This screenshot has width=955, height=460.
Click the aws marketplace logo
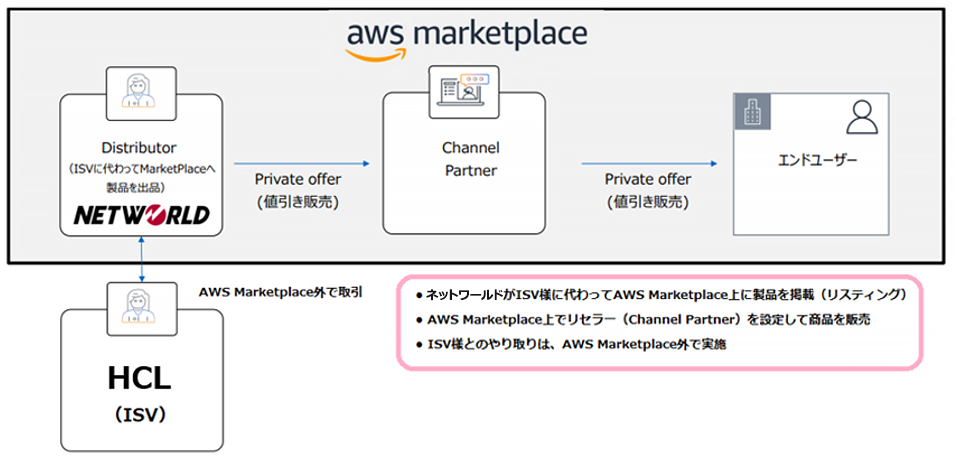467,37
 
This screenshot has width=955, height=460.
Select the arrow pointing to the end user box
651,163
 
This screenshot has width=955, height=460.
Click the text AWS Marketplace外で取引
282,292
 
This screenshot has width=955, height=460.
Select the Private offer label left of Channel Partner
298,189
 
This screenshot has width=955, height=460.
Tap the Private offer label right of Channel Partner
648,189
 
